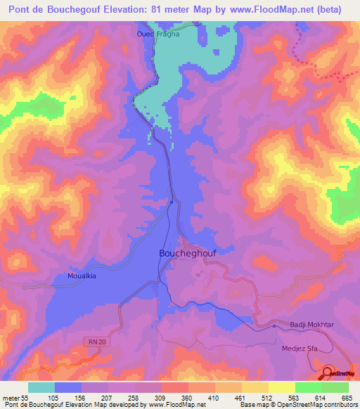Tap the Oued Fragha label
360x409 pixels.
[157, 33]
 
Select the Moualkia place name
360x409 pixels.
[82, 276]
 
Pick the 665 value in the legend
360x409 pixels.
[345, 397]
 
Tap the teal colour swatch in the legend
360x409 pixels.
[41, 387]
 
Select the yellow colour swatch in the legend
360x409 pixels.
[282, 387]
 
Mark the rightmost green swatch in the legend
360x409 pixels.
[335, 387]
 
